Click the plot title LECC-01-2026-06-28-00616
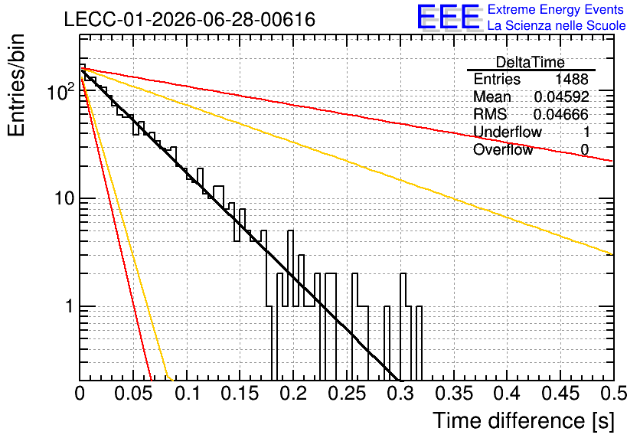[190, 20]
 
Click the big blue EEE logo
[449, 17]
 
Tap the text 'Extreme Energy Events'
[556, 9]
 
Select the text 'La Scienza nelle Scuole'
[557, 25]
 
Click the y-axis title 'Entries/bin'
[17, 85]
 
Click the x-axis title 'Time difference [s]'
[524, 421]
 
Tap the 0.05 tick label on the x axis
[133, 394]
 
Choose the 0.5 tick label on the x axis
[614, 394]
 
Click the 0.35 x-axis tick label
[454, 394]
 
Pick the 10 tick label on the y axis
[64, 199]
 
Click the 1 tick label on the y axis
[70, 306]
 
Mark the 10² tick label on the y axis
[60, 91]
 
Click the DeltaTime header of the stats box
[531, 63]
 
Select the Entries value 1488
[571, 79]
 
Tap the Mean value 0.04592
[562, 96]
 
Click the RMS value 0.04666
[561, 115]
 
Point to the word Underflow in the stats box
[508, 132]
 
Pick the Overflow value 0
[584, 150]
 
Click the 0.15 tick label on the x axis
[240, 394]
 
